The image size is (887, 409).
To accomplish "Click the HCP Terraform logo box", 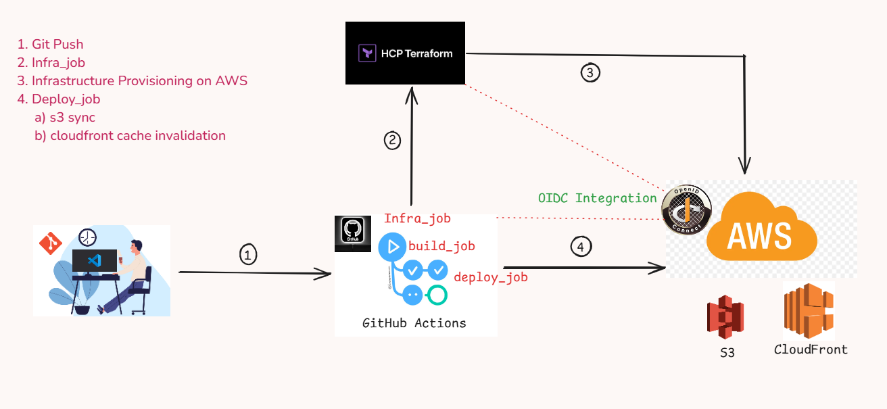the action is coord(405,53).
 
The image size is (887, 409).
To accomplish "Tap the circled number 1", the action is coord(248,255).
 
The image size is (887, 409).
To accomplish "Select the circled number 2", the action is coord(392,141).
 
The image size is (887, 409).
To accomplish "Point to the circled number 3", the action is coord(590,73).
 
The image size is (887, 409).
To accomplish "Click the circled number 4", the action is coord(581,247).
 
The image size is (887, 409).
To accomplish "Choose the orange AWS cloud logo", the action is coord(761,226).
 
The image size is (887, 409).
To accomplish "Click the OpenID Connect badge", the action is coord(686,210).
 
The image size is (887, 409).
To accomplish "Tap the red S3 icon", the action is coord(725,317).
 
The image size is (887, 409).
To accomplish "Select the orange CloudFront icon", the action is coord(809,311).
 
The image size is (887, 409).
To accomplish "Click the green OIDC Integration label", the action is coord(597,198).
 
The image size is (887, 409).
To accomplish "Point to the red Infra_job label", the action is coord(417,218).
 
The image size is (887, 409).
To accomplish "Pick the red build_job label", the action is coord(441,246).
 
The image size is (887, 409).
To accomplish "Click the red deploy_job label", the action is coord(491,277).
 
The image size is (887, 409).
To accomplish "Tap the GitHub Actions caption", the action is coord(414,323).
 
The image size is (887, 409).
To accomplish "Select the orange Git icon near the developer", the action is coord(51,243).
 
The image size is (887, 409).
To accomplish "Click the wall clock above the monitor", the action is coord(87,237).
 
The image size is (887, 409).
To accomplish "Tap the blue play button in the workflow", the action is coord(392,247).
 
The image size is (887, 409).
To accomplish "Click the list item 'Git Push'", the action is coord(57,45).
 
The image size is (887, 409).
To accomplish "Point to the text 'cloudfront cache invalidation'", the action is coord(138,136).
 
